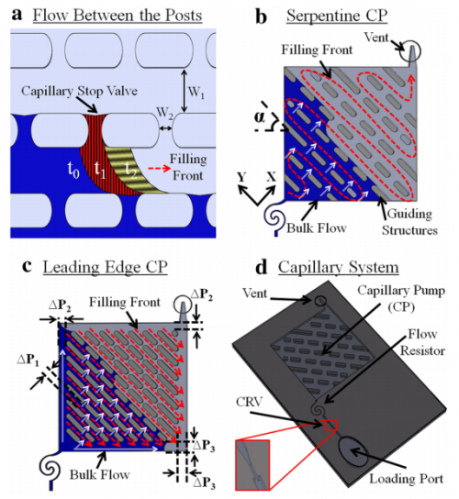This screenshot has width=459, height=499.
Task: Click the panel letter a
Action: tap(15, 13)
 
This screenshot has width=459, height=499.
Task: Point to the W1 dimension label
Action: tap(196, 93)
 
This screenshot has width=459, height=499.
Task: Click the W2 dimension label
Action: tap(165, 116)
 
